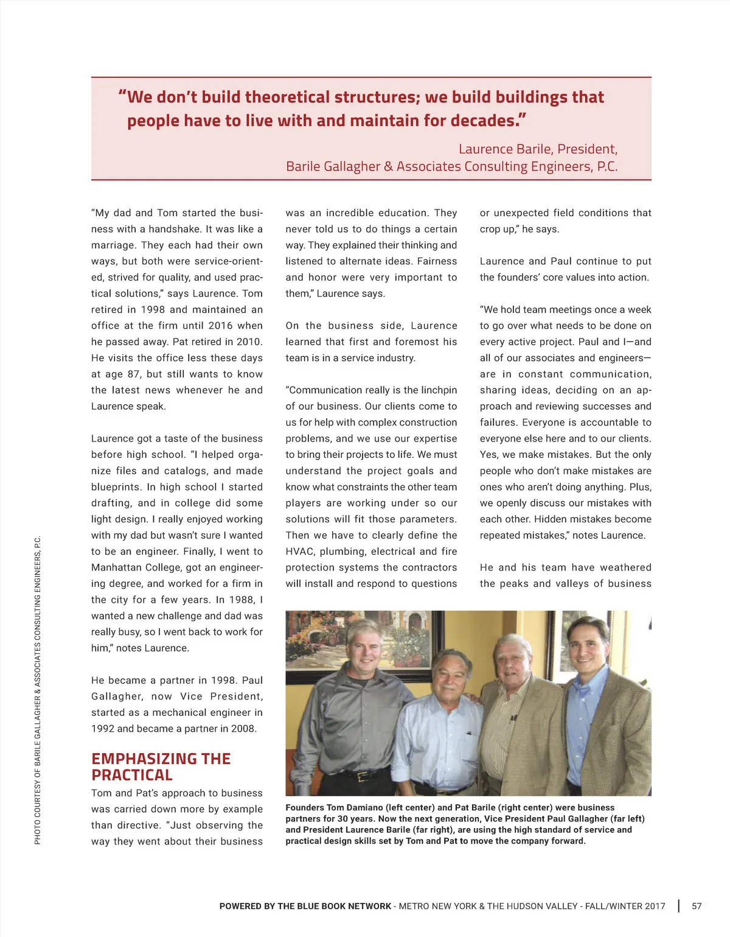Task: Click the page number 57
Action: (x=697, y=906)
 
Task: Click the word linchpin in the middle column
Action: (x=435, y=390)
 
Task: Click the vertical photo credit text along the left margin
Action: (x=38, y=690)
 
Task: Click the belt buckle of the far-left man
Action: (x=363, y=776)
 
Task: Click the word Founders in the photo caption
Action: (x=305, y=807)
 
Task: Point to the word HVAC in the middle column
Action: (x=299, y=552)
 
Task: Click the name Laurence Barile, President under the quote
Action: (x=538, y=149)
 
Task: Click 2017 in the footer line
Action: (x=655, y=906)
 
